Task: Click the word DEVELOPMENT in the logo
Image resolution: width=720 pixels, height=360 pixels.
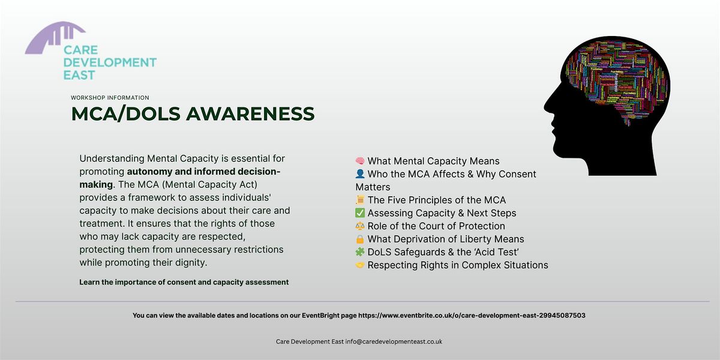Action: (x=110, y=62)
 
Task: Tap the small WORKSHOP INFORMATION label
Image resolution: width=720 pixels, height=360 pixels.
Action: (x=110, y=97)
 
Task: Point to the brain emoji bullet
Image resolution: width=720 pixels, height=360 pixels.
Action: (x=360, y=161)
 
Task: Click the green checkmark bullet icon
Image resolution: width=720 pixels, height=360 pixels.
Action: (x=360, y=213)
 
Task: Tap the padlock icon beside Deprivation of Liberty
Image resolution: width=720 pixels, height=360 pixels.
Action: (x=360, y=239)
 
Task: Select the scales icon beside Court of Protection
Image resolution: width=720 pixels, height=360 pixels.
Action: (x=360, y=226)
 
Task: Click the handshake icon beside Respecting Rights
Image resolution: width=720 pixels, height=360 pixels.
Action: (x=360, y=265)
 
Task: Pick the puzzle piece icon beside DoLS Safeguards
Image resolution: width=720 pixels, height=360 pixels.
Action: (x=360, y=252)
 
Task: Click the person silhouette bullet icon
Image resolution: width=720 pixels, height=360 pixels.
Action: (x=360, y=174)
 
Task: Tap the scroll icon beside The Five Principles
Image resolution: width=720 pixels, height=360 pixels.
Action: (x=360, y=200)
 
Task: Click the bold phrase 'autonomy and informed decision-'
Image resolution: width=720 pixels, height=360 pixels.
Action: (x=203, y=172)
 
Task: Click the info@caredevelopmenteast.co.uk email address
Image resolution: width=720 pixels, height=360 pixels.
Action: (x=394, y=341)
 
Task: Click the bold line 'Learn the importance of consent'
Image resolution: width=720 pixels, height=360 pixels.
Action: (x=184, y=282)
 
